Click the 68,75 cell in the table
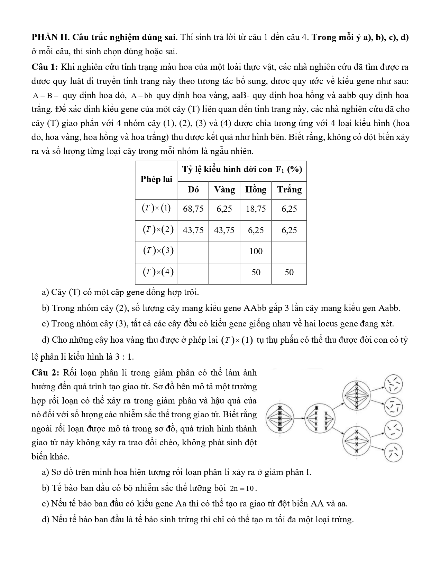pos(193,209)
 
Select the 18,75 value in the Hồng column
pos(256,209)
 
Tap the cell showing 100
pos(256,251)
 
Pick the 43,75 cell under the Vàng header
pos(224,230)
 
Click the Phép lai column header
pos(156,179)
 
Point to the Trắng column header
pos(289,190)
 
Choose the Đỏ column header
pos(193,190)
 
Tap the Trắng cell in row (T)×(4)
pos(289,273)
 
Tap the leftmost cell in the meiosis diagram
pos(281,419)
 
